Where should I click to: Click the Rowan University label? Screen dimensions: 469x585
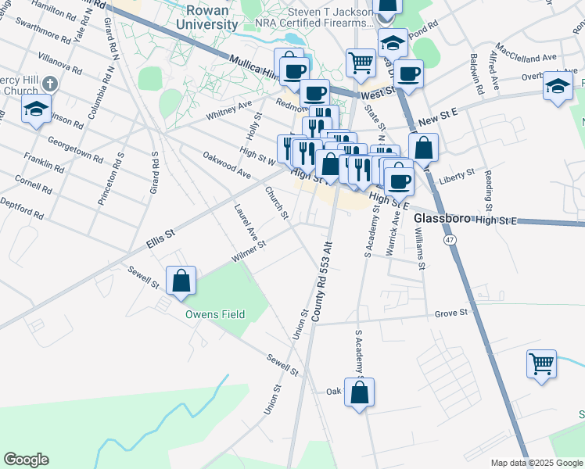click(x=206, y=18)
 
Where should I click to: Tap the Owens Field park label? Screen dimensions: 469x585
click(x=215, y=314)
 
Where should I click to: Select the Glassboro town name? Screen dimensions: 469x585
click(x=442, y=219)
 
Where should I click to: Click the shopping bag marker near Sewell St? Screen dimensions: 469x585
click(x=181, y=282)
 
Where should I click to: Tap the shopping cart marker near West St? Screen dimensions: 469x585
click(x=361, y=62)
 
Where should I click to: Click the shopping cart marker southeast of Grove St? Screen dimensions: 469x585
click(x=541, y=364)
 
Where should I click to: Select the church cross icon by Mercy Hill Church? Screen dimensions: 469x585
click(x=48, y=83)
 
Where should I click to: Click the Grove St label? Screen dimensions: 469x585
click(x=450, y=313)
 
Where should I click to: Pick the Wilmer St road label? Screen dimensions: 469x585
click(x=249, y=252)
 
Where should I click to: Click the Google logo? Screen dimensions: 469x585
click(x=26, y=460)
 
